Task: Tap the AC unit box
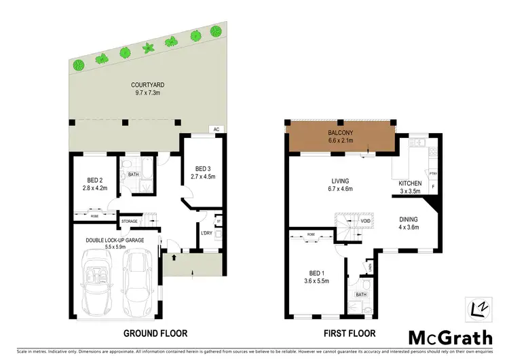click(x=216, y=129)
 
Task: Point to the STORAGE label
click(x=129, y=221)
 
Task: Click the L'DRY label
click(x=208, y=234)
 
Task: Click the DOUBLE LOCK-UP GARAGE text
click(x=114, y=240)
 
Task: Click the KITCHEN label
click(x=410, y=183)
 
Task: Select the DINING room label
click(x=409, y=219)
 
